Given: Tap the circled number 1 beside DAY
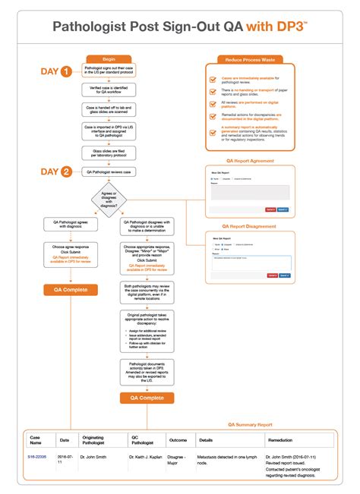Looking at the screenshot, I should point(66,72).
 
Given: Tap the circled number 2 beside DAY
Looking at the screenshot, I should point(66,172).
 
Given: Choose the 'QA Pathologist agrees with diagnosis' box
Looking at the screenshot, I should point(62,224).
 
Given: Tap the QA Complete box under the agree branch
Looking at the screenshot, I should point(62,289).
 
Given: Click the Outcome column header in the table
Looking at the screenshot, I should point(177,439).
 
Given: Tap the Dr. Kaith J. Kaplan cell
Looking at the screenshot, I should point(147,458).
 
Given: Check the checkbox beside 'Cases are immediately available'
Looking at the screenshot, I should point(213,79).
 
